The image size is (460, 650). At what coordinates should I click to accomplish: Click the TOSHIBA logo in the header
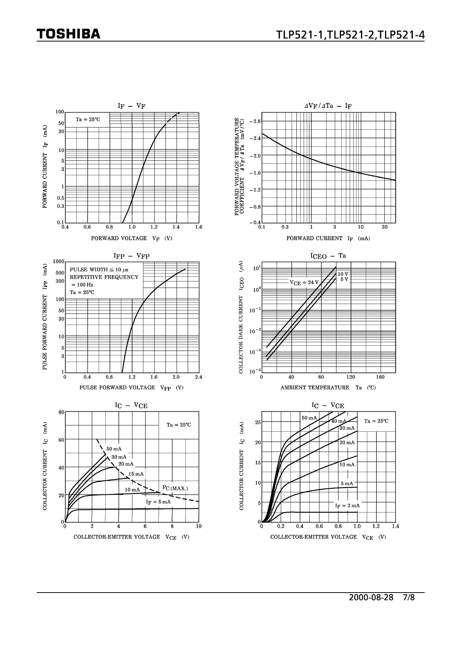coord(69,34)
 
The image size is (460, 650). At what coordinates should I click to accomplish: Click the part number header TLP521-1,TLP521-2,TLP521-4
coord(350,34)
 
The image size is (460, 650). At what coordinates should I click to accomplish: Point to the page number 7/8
coord(408,598)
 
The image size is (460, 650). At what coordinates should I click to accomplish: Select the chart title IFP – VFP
coord(132,256)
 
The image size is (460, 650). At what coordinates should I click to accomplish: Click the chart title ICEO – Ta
coord(328,256)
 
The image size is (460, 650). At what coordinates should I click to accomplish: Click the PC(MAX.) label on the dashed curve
coord(175,488)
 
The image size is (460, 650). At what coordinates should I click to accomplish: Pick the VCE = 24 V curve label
coord(304,282)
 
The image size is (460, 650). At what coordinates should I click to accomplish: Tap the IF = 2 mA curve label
coord(347,505)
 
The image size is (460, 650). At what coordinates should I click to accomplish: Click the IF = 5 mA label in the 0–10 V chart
coord(158,502)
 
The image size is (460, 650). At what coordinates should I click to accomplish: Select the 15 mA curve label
coord(136,474)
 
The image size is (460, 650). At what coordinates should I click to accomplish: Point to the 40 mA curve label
coord(339,421)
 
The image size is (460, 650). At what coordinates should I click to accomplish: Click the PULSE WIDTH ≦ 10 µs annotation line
coord(99,270)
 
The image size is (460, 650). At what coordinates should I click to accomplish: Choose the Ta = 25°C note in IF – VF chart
coord(88,119)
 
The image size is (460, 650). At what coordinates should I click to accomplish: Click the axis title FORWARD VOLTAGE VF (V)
coord(132,238)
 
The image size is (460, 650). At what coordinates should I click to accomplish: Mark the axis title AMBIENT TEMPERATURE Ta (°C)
coord(328,388)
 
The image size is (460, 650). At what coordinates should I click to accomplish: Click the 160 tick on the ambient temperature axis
coord(380,377)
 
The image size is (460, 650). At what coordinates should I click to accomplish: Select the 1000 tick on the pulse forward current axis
coord(59,261)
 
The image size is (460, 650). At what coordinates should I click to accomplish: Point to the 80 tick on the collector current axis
coord(62,412)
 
